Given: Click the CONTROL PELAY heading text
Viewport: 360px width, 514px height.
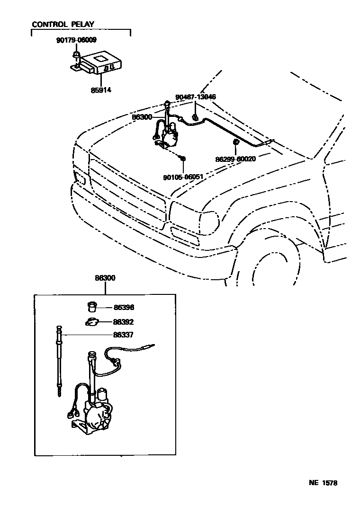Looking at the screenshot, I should tap(63, 24).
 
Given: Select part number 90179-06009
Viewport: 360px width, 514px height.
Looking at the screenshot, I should tap(76, 41).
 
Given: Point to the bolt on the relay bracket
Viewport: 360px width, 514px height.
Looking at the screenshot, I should tap(75, 58).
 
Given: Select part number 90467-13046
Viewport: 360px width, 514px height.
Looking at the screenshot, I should tap(196, 97).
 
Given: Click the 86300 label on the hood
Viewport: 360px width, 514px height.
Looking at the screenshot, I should tap(142, 116).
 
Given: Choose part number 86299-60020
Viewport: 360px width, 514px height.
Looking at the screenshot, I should tap(235, 159).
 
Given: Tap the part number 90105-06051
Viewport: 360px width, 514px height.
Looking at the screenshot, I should tap(183, 177).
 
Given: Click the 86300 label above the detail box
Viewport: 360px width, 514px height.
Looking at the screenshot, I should tap(105, 278).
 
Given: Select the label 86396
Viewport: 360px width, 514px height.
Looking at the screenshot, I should tap(124, 308).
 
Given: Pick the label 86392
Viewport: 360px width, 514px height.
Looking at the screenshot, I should tap(123, 322).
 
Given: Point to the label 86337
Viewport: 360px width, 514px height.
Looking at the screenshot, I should tap(123, 335).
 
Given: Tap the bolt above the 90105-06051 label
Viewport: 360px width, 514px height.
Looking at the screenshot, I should tap(183, 158).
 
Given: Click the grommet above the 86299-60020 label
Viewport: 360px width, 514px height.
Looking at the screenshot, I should tap(235, 142).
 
